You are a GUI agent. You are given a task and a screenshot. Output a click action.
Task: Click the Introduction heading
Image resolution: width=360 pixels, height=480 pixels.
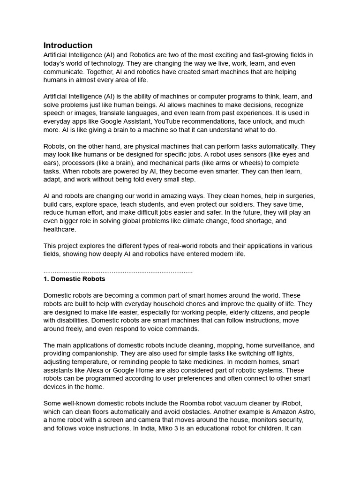click(x=68, y=45)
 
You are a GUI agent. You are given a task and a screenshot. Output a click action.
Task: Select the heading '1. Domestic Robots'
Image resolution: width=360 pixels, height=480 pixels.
click(x=74, y=279)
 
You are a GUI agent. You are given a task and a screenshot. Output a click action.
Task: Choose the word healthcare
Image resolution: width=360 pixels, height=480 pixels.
click(x=60, y=229)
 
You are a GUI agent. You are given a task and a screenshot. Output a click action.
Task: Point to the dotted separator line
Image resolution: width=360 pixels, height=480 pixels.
click(x=118, y=271)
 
